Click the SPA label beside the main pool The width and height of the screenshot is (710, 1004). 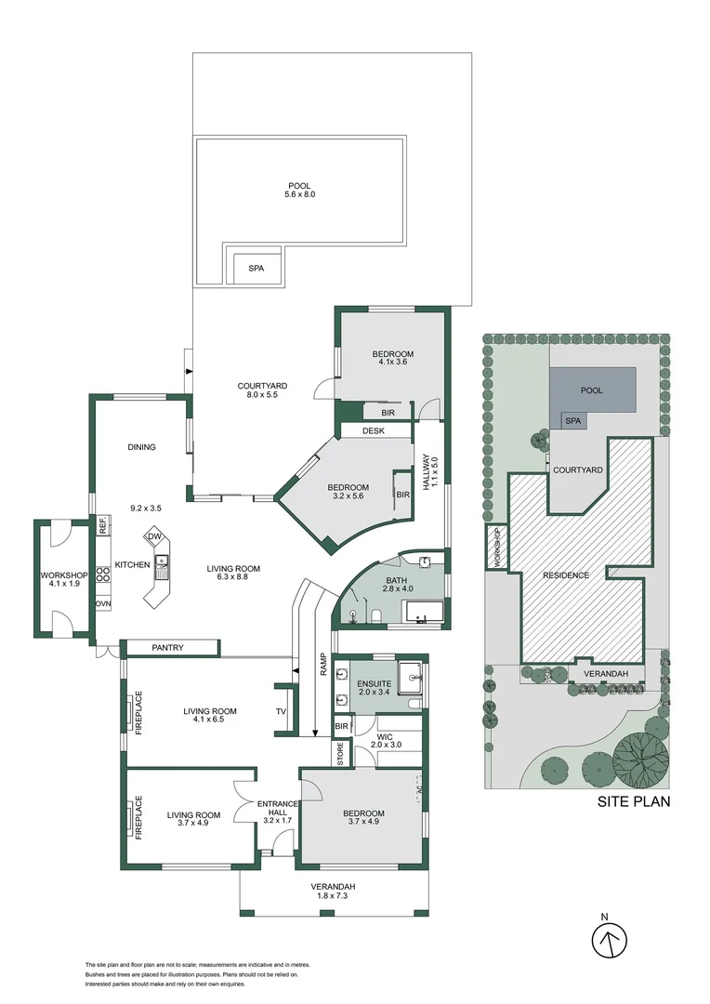point(256,269)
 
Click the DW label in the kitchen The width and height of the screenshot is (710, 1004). point(155,537)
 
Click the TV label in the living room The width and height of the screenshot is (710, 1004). point(282,712)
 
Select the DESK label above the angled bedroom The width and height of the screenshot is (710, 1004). point(374,430)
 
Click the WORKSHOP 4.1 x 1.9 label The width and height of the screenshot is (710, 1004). point(63,579)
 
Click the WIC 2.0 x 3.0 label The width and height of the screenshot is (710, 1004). point(384,740)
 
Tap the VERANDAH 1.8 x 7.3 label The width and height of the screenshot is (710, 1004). point(333,892)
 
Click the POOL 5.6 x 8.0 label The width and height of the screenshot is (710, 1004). point(299,191)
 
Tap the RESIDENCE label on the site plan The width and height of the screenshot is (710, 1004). point(567,575)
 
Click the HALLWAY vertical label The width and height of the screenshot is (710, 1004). point(430,474)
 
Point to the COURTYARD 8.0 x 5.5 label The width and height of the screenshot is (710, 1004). point(262,390)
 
